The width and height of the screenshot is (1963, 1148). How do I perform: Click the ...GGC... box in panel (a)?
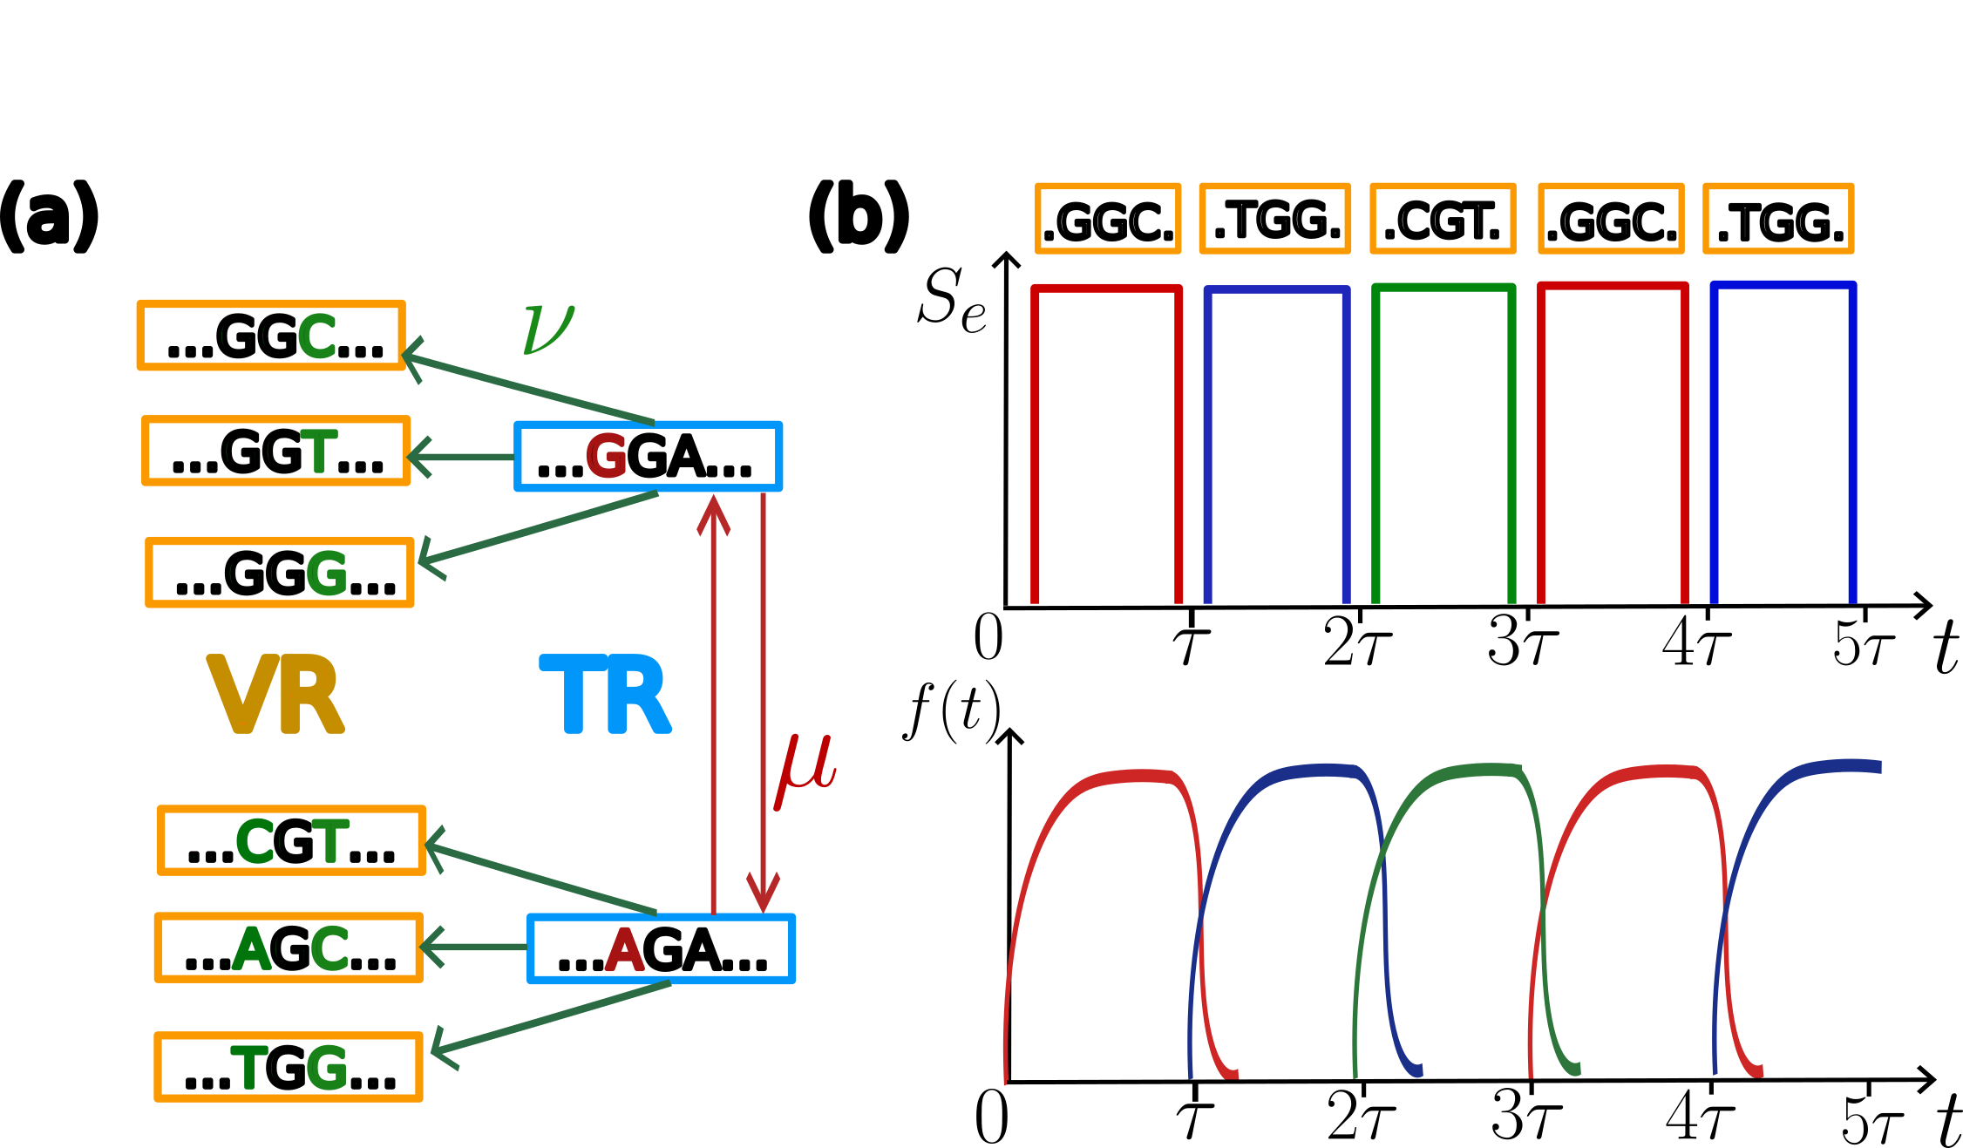pos(271,336)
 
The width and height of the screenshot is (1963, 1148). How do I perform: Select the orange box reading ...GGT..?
pos(276,451)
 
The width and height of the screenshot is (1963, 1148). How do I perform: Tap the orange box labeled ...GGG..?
pos(280,572)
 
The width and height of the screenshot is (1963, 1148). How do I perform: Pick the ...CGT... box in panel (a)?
pos(291,840)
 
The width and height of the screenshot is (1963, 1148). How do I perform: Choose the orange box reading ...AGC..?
pos(289,948)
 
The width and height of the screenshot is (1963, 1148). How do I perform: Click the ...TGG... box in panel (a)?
pos(289,1067)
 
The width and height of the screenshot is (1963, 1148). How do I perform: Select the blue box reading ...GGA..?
pos(648,457)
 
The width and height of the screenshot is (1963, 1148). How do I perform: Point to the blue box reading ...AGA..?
pos(661,949)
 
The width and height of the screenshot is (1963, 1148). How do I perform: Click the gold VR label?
pos(275,695)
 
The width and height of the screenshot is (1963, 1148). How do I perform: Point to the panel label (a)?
pos(48,216)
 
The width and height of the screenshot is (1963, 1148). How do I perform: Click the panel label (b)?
pos(858,216)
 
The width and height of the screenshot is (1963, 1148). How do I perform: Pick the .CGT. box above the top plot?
pos(1443,220)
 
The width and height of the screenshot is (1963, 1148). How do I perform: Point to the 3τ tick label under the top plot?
pos(1522,642)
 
